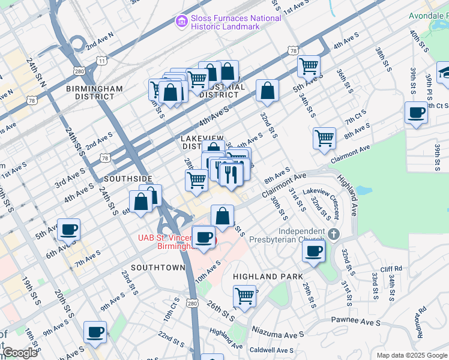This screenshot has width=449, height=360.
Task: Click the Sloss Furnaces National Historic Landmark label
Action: [237, 22]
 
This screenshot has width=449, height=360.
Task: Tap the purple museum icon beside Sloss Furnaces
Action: [181, 22]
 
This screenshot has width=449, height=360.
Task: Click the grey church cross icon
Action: [334, 233]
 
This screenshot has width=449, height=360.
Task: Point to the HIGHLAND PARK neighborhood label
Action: [263, 277]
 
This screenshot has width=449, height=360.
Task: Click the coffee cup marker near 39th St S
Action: [416, 112]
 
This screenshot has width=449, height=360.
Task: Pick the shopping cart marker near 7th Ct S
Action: [324, 137]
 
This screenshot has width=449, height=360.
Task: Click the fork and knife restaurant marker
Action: [230, 174]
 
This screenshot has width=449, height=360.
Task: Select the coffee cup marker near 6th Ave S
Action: [69, 229]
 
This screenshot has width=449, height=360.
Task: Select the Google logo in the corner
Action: [19, 353]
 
